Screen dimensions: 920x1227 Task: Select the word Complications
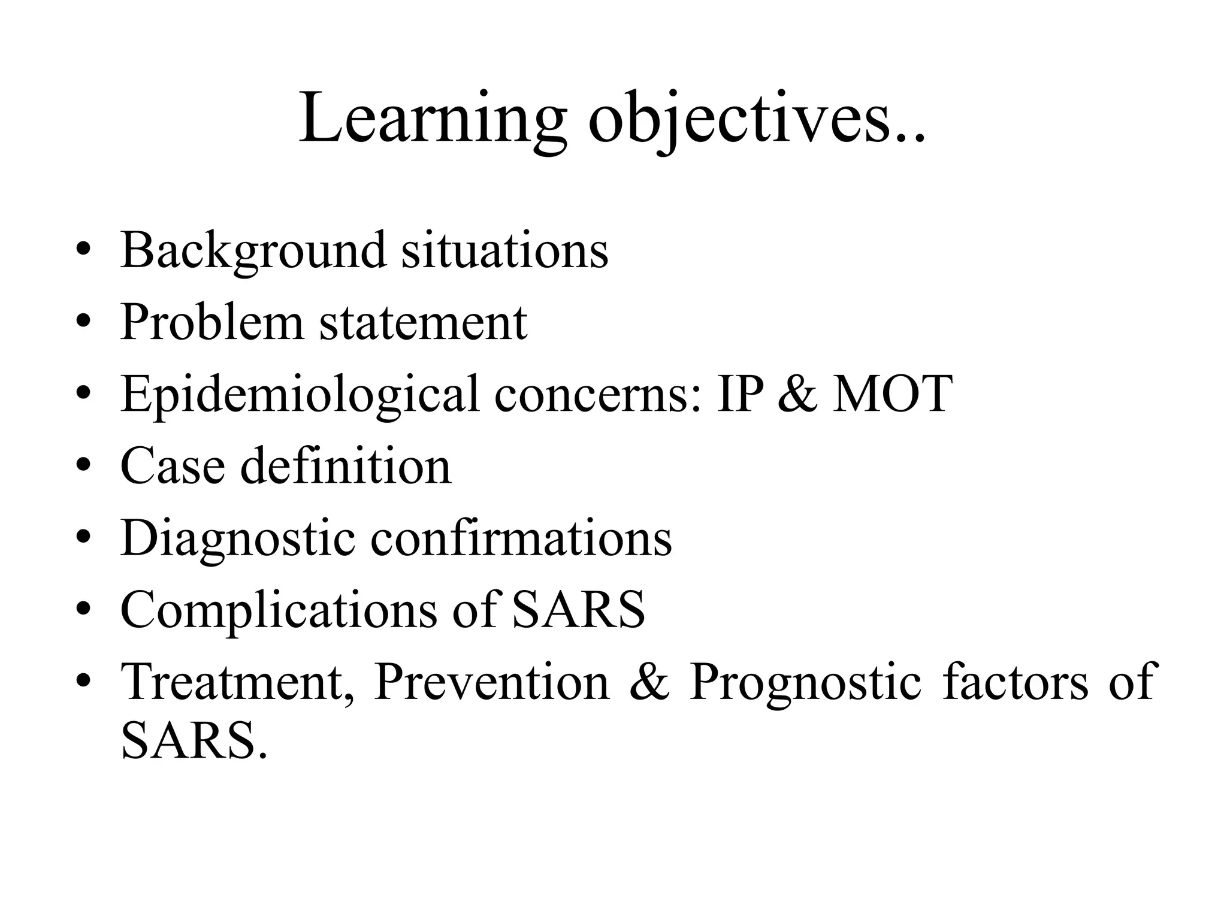click(x=279, y=610)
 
